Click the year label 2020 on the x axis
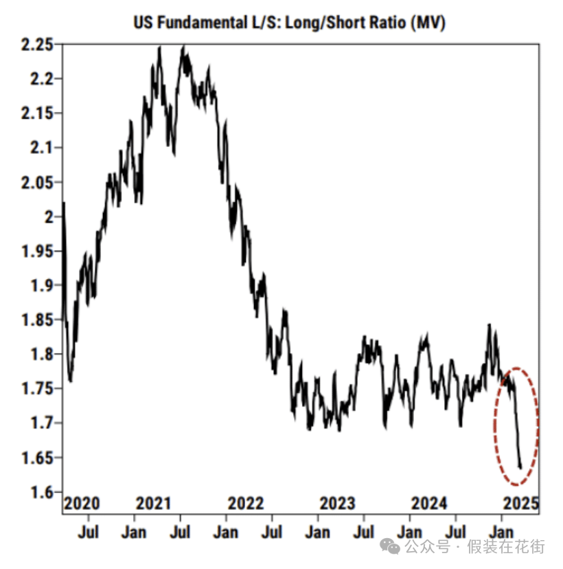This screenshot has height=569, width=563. pos(82,504)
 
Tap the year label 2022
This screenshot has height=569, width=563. pos(246,504)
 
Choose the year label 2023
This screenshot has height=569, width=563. pos(337,504)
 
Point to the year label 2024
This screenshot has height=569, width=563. pos(429,504)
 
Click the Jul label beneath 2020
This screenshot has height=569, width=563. pos(89,532)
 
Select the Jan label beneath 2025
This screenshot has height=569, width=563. pos(503,532)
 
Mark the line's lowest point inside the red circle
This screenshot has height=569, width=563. pos(520,468)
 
